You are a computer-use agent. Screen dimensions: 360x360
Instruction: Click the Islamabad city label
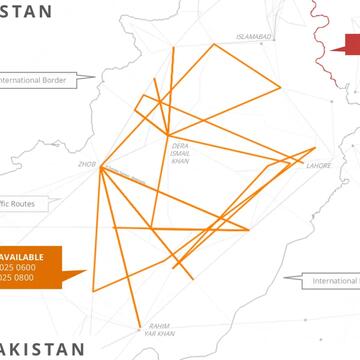(x=253, y=37)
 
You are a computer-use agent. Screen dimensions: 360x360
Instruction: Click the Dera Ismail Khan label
(x=180, y=153)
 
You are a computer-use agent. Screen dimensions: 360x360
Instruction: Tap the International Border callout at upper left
(x=36, y=80)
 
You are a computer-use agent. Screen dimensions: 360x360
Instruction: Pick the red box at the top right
(x=352, y=43)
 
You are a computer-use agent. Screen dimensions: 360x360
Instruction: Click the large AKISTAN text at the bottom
(x=44, y=349)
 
